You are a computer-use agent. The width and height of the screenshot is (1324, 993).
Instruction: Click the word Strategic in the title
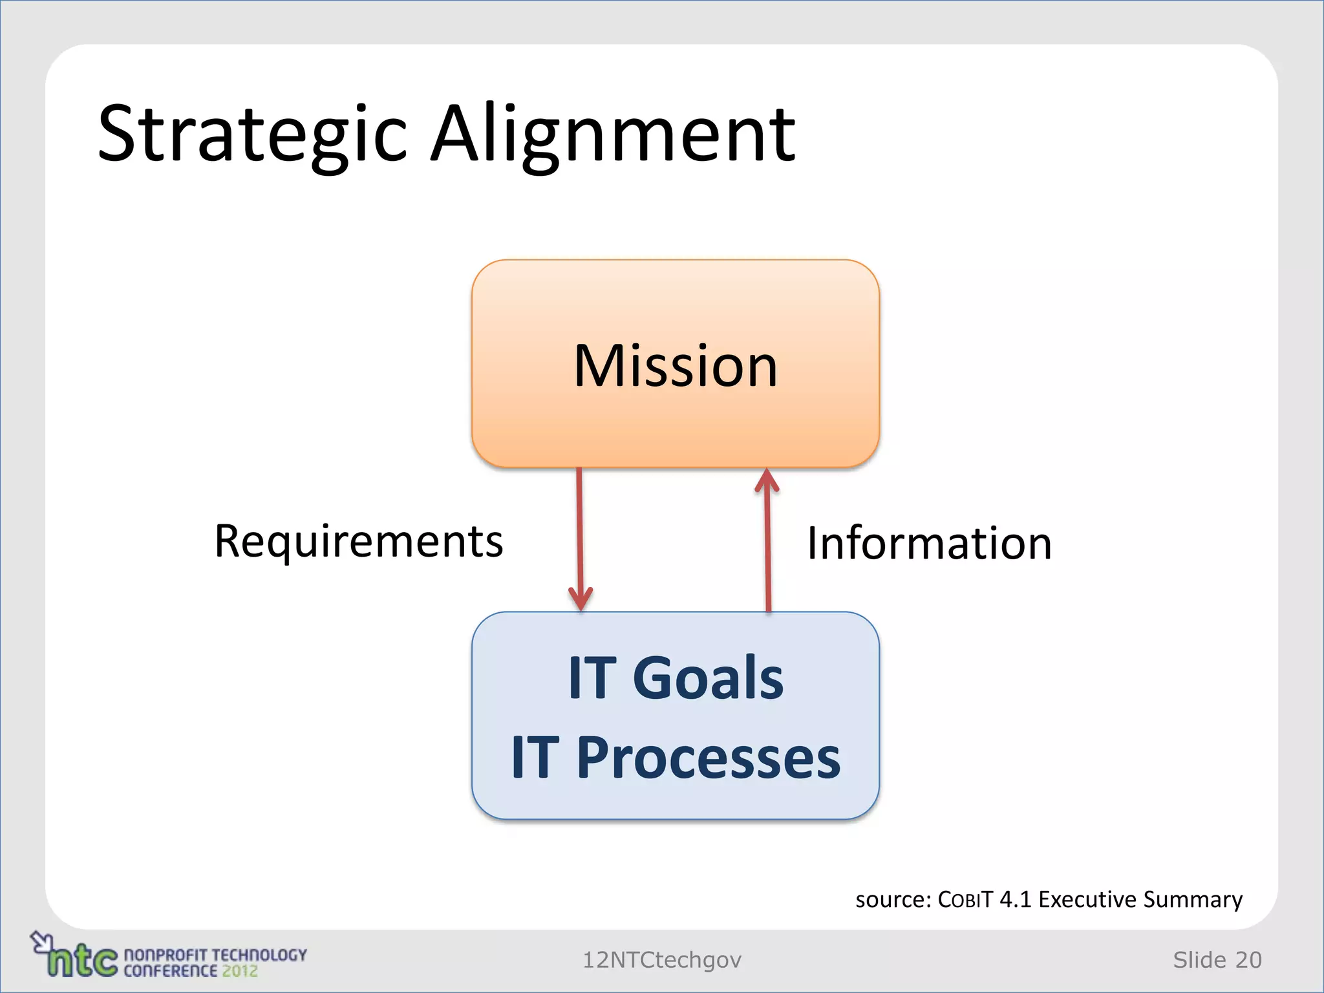252,134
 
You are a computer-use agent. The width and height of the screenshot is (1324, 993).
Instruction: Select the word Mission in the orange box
676,366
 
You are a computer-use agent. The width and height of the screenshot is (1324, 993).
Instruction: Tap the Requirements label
358,541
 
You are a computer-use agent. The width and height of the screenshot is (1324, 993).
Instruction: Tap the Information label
930,543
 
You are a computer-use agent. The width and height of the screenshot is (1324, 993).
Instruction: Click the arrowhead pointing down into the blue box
581,598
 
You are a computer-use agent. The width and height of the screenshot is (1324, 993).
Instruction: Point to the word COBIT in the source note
965,899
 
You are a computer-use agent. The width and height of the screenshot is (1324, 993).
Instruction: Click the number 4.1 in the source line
1015,899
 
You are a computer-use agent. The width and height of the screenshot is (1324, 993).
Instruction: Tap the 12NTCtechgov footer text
662,960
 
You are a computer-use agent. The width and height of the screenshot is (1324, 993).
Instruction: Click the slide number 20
1248,960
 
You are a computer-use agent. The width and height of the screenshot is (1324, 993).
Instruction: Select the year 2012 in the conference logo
240,970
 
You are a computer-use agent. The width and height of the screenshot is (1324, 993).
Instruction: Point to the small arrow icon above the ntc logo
42,941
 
